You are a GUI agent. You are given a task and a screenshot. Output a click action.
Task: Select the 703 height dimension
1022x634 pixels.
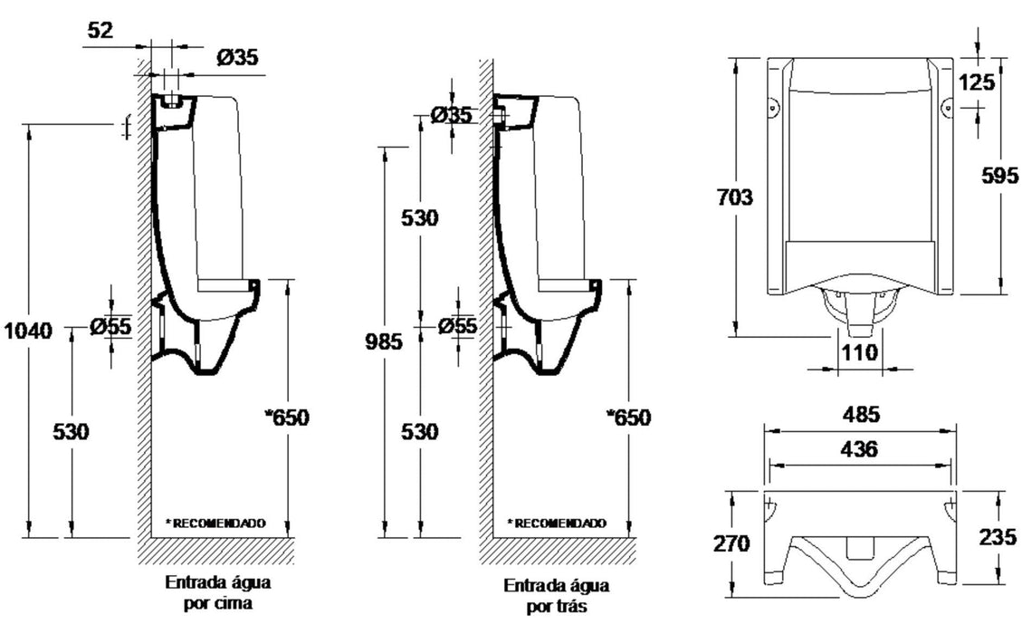coord(733,197)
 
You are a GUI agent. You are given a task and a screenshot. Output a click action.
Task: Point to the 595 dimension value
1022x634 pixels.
coord(999,176)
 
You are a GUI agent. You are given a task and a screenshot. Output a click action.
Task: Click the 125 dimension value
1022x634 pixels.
coord(977,82)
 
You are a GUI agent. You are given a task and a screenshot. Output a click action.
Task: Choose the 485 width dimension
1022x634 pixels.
coord(859,415)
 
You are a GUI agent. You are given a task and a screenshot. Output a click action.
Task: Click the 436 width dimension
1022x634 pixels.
coord(859,448)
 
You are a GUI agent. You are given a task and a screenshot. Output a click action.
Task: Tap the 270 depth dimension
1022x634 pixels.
coord(731,543)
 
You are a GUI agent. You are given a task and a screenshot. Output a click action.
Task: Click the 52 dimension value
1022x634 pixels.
coord(100,30)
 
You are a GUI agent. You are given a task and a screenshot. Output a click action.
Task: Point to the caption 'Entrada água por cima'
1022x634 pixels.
coord(217,591)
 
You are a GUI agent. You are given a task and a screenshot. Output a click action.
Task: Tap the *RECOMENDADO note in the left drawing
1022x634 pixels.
coord(215,523)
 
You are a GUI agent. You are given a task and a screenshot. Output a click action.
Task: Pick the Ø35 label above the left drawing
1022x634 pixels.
coord(237,57)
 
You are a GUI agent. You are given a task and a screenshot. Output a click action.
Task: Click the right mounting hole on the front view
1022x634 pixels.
coord(947,107)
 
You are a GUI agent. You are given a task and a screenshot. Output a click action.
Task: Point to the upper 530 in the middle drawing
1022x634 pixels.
coord(420,218)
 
